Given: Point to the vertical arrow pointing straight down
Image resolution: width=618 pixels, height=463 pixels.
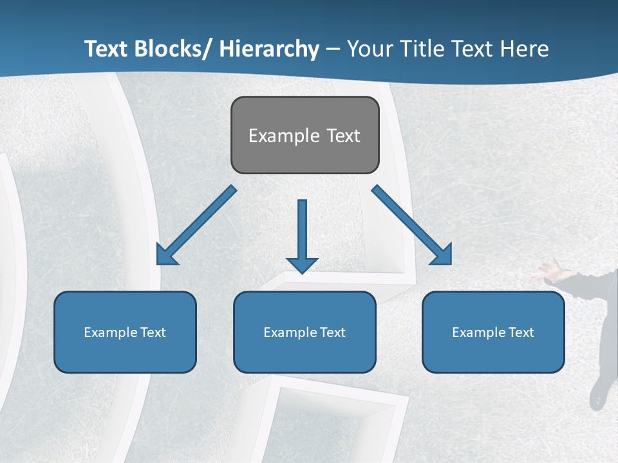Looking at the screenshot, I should click(302, 232).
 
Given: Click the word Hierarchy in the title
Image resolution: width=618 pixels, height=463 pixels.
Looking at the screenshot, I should click(269, 49).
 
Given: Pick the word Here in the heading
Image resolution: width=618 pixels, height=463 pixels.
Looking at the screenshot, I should click(525, 49).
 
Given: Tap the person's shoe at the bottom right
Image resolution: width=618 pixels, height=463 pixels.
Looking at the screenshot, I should click(598, 394).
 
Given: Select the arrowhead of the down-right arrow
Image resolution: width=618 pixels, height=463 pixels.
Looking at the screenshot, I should click(443, 255).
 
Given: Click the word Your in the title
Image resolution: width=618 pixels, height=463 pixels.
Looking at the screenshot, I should click(370, 49).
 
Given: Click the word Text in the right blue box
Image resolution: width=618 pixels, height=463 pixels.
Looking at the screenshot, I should click(521, 332).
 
